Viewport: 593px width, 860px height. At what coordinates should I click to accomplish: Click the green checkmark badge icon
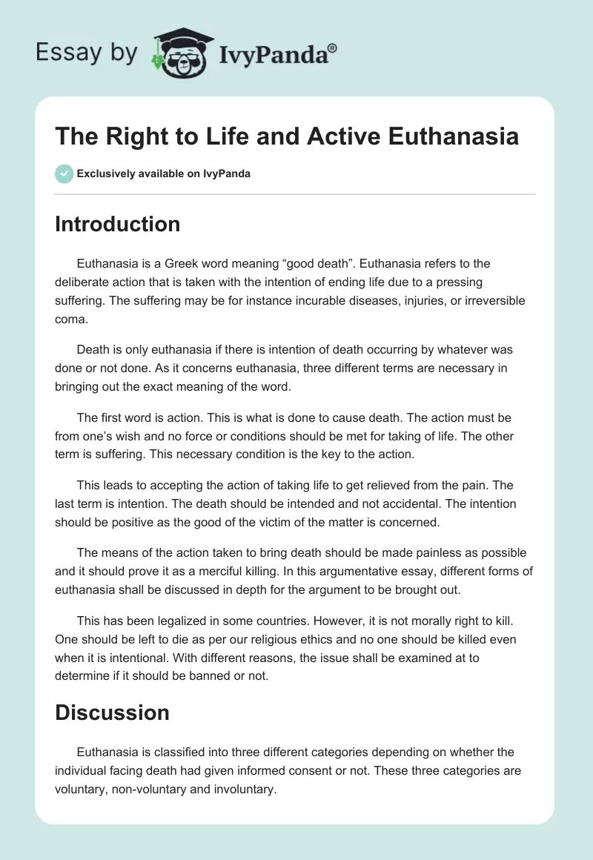(x=64, y=173)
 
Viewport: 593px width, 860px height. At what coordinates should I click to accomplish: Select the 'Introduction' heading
(x=117, y=224)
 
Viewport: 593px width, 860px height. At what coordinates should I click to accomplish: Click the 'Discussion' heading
(x=112, y=712)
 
